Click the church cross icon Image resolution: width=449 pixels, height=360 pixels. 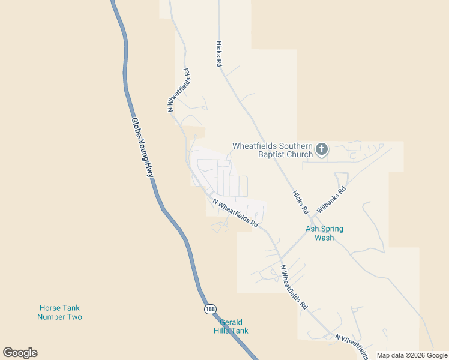(x=322, y=149)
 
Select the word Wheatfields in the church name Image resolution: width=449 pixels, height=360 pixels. (x=258, y=146)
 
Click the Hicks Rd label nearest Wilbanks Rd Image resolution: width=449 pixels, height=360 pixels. (x=300, y=202)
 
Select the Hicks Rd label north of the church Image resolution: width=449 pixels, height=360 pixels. (x=219, y=54)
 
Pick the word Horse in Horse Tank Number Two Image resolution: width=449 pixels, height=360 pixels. (x=50, y=308)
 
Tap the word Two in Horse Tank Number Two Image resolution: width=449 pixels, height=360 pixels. (x=75, y=317)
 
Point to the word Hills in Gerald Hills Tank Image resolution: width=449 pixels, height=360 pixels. (x=223, y=331)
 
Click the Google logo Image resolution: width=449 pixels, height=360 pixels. (x=20, y=353)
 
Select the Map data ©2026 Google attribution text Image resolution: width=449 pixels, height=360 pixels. (x=412, y=355)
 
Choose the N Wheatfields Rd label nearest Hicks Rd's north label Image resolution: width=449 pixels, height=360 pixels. (x=179, y=90)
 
